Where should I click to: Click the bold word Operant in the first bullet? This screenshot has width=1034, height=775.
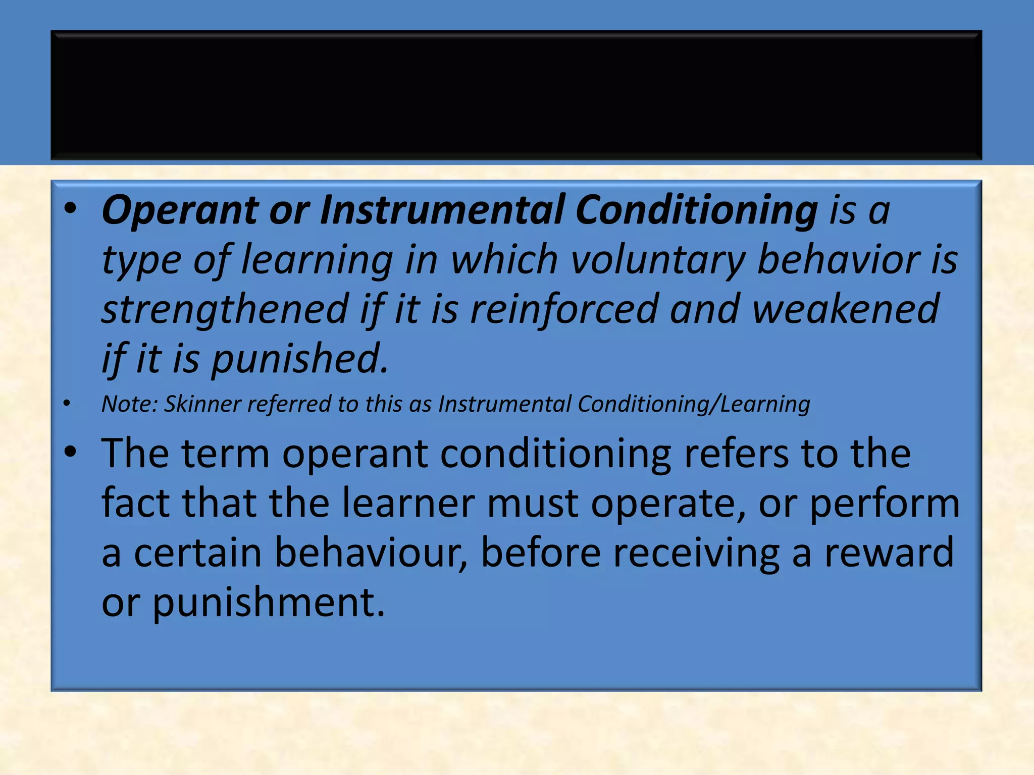pyautogui.click(x=180, y=210)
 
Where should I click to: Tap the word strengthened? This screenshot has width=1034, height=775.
pyautogui.click(x=225, y=309)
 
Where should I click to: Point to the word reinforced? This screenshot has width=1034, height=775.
pyautogui.click(x=564, y=309)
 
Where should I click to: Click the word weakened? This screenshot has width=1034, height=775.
pyautogui.click(x=846, y=309)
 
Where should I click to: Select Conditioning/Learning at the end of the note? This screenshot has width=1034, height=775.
pyautogui.click(x=694, y=404)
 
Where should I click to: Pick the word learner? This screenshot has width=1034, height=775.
pyautogui.click(x=408, y=503)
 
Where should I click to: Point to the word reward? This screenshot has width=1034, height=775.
pyautogui.click(x=889, y=552)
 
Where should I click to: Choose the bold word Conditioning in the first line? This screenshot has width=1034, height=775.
pyautogui.click(x=697, y=210)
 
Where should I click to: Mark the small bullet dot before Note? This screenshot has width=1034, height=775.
pyautogui.click(x=67, y=403)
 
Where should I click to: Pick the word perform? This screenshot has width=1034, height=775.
pyautogui.click(x=885, y=504)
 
